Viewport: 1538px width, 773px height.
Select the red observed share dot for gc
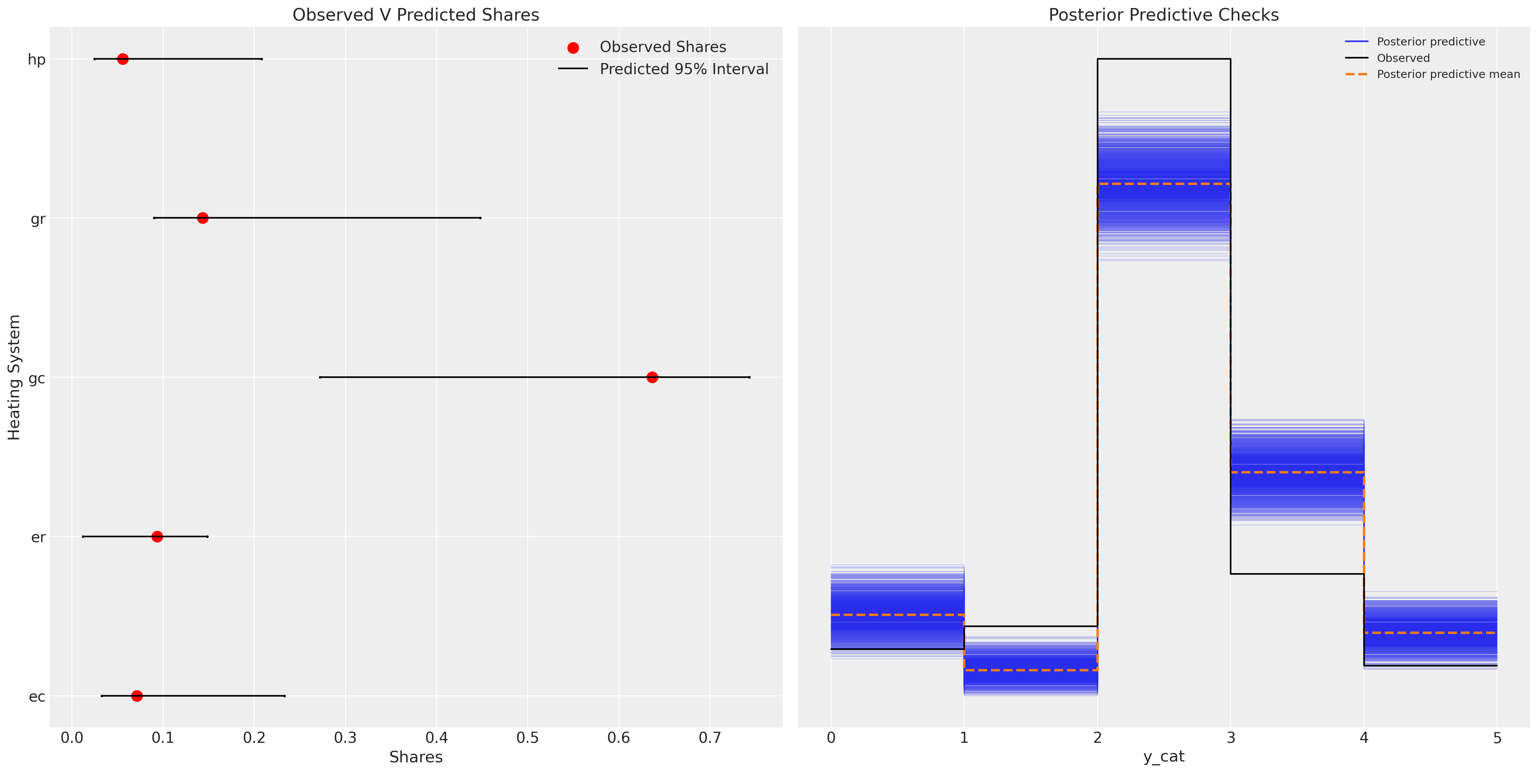pyautogui.click(x=652, y=377)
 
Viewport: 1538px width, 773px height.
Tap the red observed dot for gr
pyautogui.click(x=202, y=218)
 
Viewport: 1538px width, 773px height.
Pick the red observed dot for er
pyautogui.click(x=157, y=536)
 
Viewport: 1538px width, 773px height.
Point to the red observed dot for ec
pyautogui.click(x=137, y=696)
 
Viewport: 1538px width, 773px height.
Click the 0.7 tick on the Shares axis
pyautogui.click(x=710, y=738)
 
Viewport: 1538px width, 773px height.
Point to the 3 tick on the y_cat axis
pyautogui.click(x=1231, y=738)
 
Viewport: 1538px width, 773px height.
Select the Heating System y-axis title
pyautogui.click(x=14, y=377)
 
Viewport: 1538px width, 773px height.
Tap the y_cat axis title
pyautogui.click(x=1164, y=757)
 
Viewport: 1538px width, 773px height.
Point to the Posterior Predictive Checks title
pyautogui.click(x=1164, y=15)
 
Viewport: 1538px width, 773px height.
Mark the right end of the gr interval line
pyautogui.click(x=480, y=218)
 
